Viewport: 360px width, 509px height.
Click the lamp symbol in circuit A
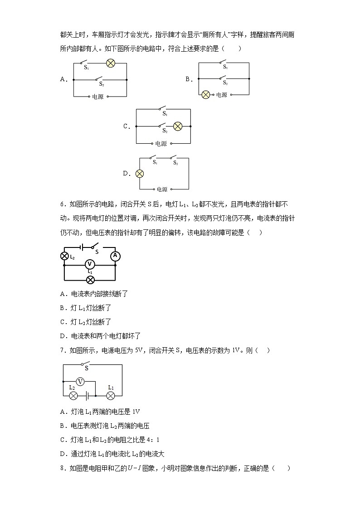point(110,63)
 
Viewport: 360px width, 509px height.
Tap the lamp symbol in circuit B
point(206,95)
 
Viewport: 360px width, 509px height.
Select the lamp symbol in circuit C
point(178,126)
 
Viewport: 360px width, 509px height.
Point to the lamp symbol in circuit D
point(140,174)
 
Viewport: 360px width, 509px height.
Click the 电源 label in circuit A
point(98,97)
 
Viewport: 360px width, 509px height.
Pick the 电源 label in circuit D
point(161,189)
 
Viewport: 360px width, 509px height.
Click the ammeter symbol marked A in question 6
point(115,256)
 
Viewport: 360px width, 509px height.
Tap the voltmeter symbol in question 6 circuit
point(90,264)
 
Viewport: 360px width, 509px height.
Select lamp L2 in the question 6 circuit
point(64,256)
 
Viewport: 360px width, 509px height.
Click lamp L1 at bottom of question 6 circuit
point(90,279)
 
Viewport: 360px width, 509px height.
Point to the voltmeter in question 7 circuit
point(80,382)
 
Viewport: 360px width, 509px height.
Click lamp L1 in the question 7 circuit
point(110,396)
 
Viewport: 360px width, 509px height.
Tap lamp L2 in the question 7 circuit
point(73,396)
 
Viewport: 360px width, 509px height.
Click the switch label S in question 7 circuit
point(86,369)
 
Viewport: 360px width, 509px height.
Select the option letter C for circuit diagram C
point(126,127)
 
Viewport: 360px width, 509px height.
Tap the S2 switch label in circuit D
point(175,163)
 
